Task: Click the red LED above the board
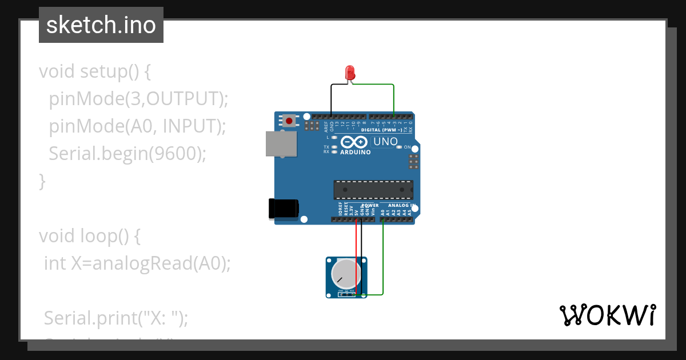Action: pos(350,73)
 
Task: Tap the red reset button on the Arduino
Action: pos(290,121)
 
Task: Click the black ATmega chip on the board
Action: pos(373,190)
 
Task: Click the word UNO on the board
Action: pos(385,141)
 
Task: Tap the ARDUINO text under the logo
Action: pos(355,153)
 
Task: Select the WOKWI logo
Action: pos(607,315)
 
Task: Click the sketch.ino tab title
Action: pos(101,25)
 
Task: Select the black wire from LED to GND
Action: pos(332,100)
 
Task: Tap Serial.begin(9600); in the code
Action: pos(127,153)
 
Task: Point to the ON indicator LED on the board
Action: pos(400,147)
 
